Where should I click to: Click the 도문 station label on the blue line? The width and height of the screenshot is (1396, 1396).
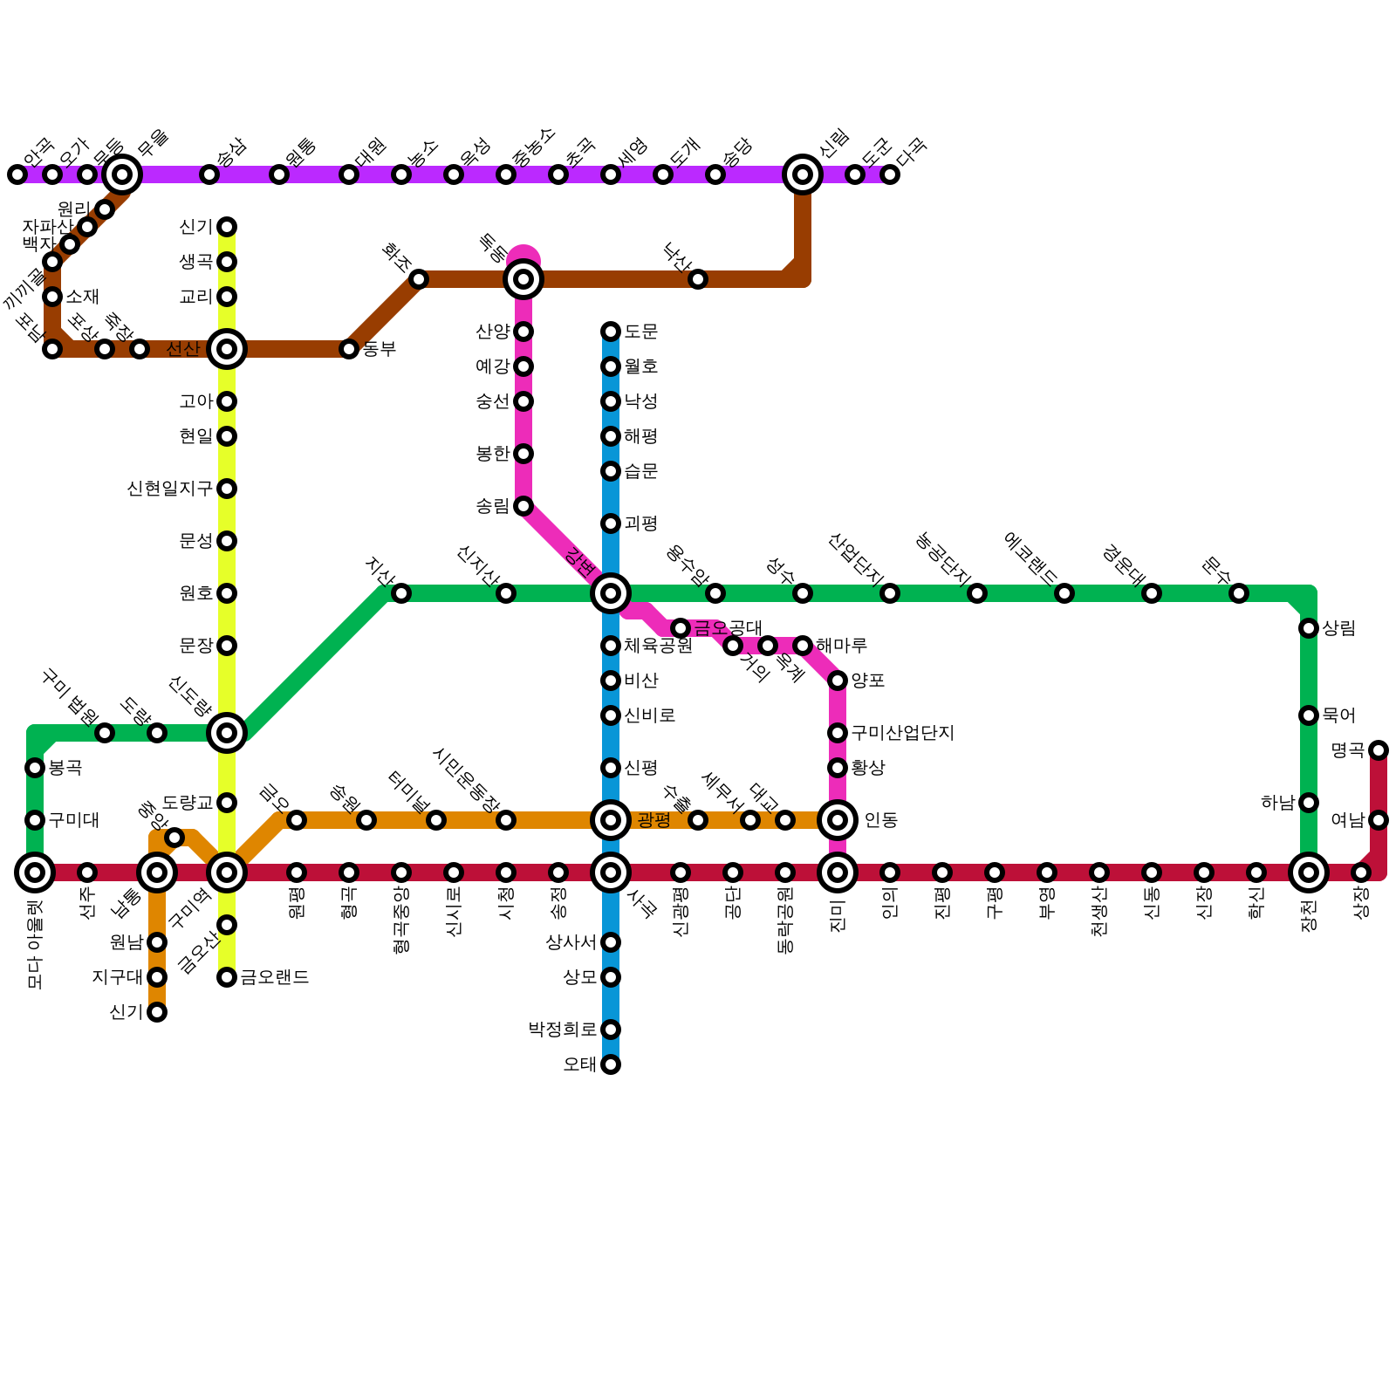[640, 332]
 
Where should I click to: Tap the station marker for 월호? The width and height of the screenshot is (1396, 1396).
[611, 366]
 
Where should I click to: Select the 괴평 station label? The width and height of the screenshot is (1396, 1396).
[640, 523]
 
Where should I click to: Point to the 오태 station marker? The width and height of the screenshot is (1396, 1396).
[611, 1064]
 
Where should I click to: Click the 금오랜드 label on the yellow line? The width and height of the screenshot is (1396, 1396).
[274, 977]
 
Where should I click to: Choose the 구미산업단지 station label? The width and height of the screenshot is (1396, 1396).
[902, 733]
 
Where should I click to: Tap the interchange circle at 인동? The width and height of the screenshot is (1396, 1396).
[838, 820]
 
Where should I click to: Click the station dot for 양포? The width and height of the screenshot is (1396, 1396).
[838, 681]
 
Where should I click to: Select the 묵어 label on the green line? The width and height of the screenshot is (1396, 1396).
[1338, 715]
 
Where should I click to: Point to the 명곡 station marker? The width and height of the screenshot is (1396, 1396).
[1379, 750]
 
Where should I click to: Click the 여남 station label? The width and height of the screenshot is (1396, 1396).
[1347, 820]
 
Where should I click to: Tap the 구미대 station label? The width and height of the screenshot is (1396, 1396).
[73, 820]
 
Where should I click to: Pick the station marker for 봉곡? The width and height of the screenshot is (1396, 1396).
[35, 768]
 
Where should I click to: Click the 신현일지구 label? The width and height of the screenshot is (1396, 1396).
[169, 489]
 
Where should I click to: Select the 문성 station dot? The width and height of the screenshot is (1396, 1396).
[227, 541]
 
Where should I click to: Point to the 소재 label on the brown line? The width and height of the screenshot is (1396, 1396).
[82, 297]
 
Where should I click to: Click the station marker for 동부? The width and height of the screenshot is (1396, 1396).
[349, 349]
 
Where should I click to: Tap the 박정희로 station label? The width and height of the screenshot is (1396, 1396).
[562, 1030]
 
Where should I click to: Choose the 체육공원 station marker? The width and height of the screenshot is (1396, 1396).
[611, 646]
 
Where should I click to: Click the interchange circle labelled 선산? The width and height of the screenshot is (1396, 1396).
[227, 349]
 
